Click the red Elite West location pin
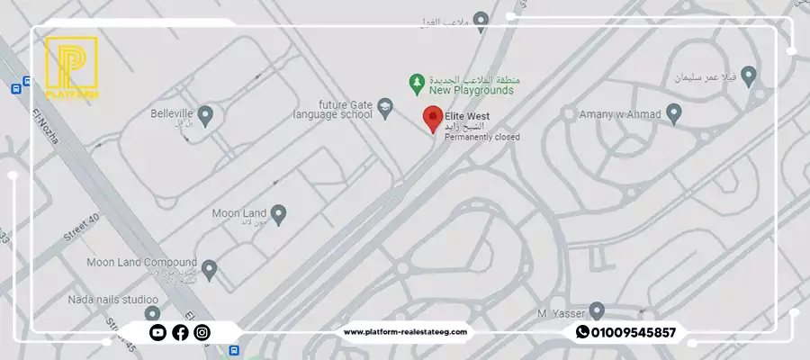(x=433, y=118)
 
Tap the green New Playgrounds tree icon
(x=417, y=84)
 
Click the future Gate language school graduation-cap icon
(x=385, y=108)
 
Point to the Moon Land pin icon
(x=279, y=214)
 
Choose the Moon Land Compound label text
(x=141, y=263)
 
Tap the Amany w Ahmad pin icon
(x=673, y=113)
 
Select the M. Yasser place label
(x=555, y=312)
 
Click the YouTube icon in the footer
(x=157, y=332)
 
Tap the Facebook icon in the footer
(x=180, y=332)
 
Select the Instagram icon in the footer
(x=202, y=332)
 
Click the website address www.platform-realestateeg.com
(x=405, y=332)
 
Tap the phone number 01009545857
(x=634, y=332)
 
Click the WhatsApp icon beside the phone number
(x=582, y=332)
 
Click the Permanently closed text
(x=481, y=137)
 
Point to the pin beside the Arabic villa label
(x=748, y=75)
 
